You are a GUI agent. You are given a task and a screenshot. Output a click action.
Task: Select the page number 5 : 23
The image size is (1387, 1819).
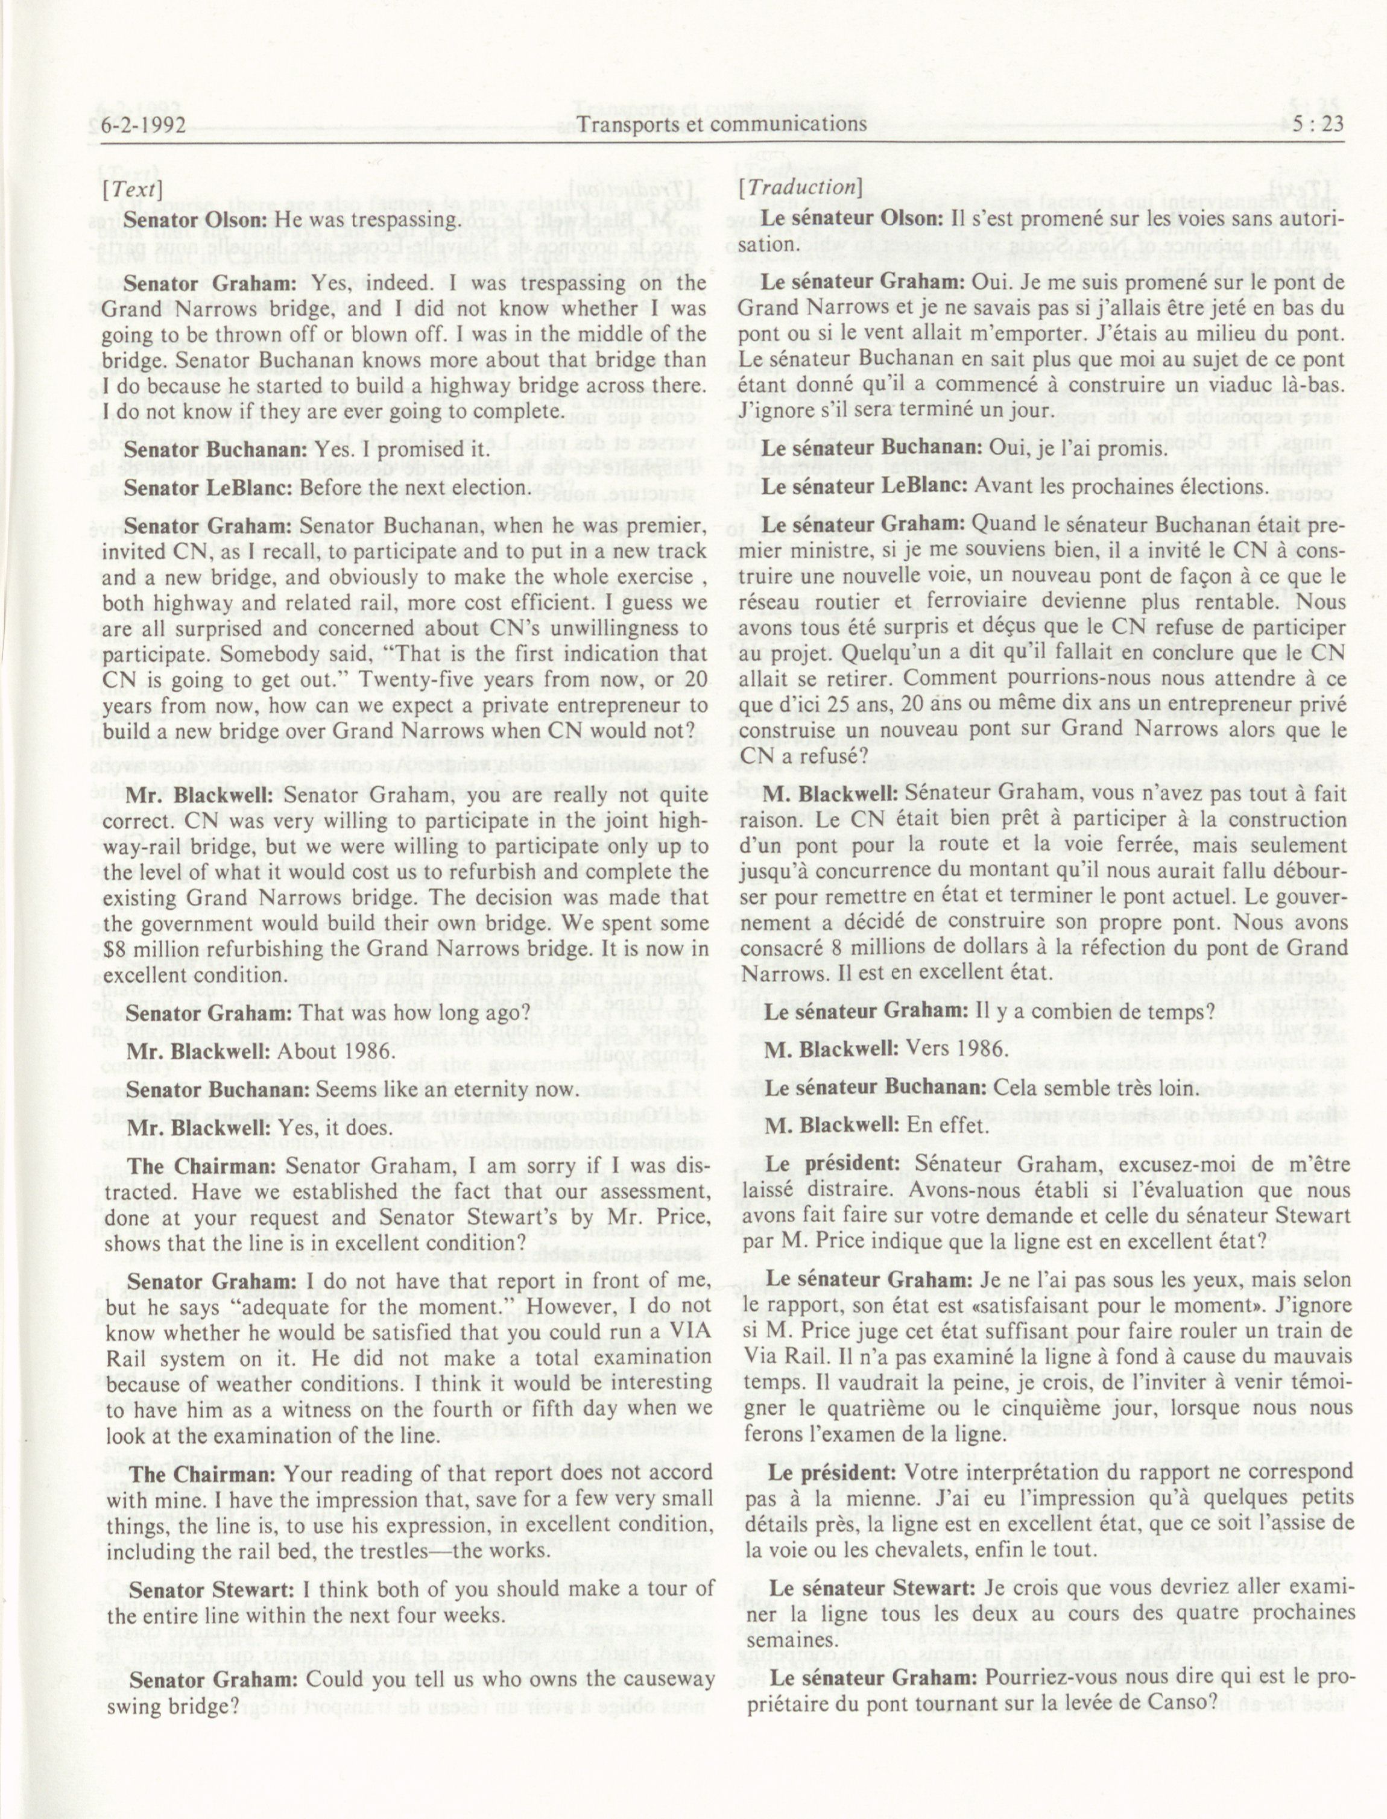[x=1309, y=125]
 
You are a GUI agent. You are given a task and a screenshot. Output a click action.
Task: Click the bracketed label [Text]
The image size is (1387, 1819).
[x=131, y=188]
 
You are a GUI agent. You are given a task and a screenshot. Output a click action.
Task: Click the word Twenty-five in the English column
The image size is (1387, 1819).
[x=441, y=680]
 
